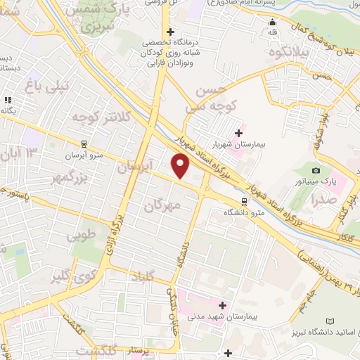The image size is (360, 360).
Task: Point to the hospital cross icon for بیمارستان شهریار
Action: pos(238,132)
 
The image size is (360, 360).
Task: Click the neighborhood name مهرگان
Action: pos(162,205)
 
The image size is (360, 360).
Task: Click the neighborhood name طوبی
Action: pos(79,236)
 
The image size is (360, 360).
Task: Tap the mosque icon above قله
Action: pos(273,30)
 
